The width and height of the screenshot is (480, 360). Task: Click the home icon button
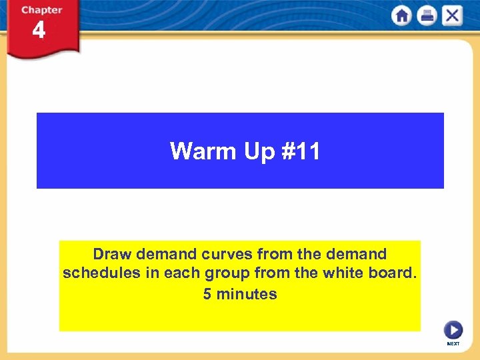point(402,16)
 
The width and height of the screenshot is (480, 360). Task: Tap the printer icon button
point(427,16)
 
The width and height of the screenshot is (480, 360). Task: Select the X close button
point(452,16)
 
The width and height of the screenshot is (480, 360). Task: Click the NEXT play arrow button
point(453,330)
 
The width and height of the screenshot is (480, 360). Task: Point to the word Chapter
point(41,10)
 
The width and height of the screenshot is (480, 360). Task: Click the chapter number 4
point(39,31)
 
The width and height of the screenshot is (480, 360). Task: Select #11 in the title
point(301,151)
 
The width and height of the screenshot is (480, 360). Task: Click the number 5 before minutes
point(207,294)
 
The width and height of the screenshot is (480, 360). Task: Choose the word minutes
point(246,294)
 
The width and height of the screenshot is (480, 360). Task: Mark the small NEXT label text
point(453,344)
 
